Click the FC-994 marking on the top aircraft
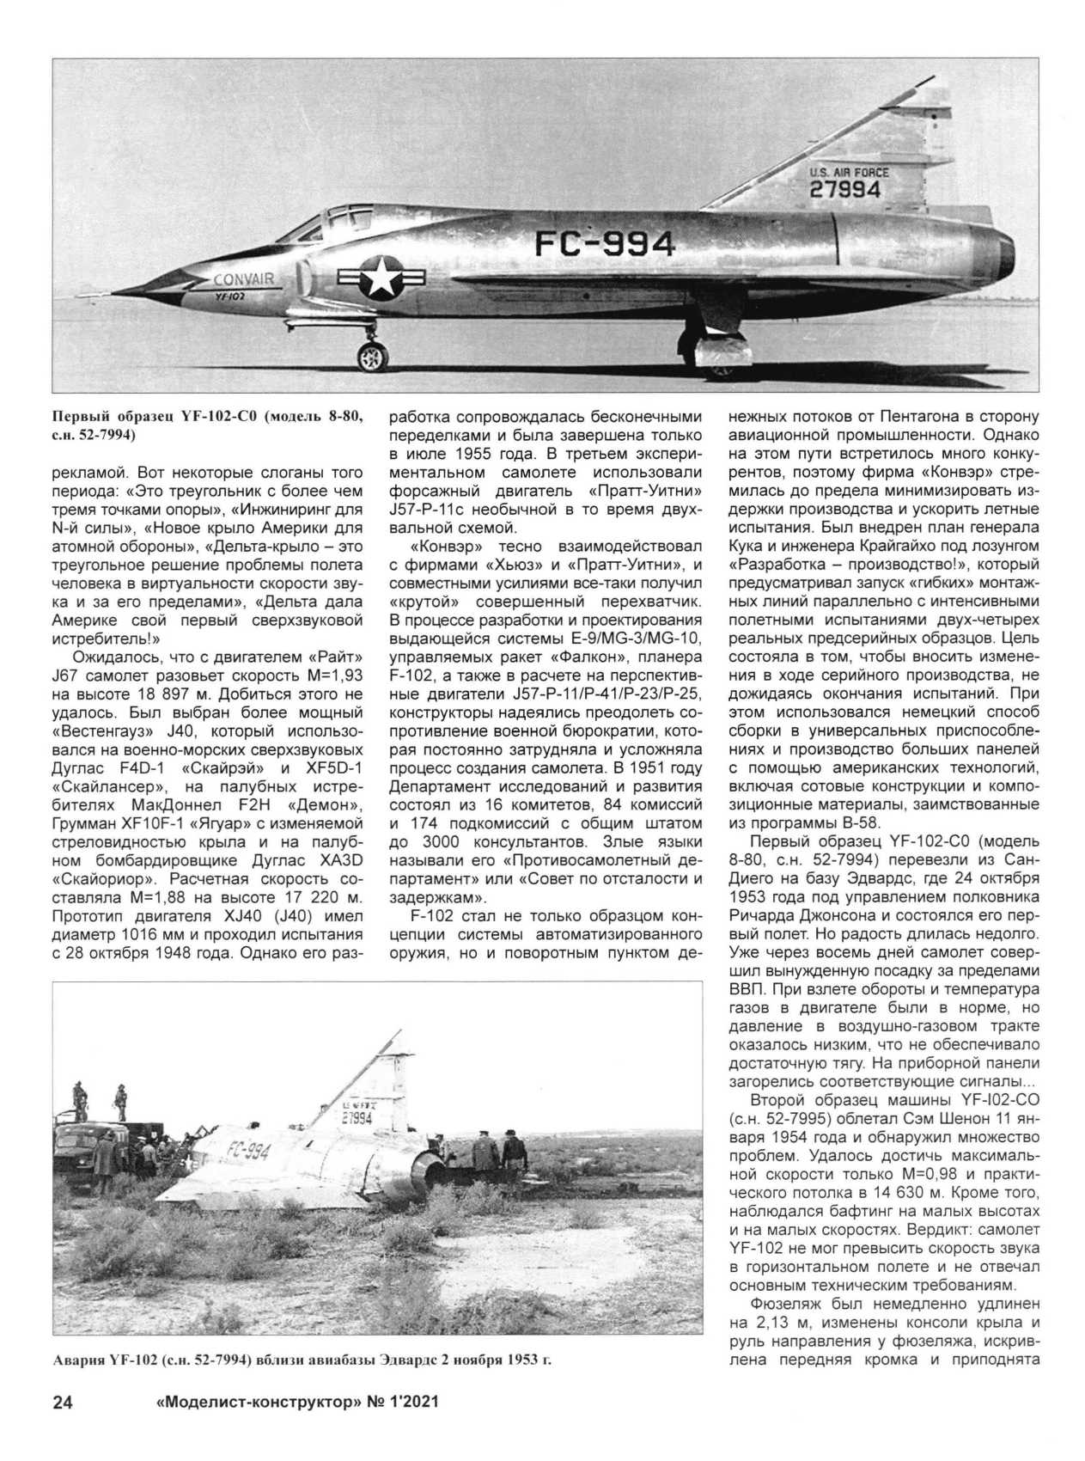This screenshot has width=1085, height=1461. click(604, 245)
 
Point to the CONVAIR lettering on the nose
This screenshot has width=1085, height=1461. click(243, 278)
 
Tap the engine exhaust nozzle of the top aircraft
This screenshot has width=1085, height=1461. click(1003, 249)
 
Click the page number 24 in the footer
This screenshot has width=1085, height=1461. click(63, 1403)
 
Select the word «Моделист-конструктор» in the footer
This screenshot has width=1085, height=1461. click(253, 1403)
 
